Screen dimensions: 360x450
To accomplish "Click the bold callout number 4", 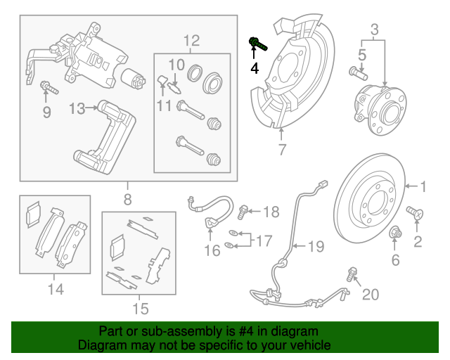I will tap(255, 68).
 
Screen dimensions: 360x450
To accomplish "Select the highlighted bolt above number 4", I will tap(257, 45).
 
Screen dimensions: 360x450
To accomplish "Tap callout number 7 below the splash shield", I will tap(281, 149).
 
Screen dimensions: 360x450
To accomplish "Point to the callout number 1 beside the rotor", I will tap(423, 186).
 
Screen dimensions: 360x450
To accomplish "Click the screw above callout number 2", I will tap(414, 212).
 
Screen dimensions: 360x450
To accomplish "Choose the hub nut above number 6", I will tap(394, 231).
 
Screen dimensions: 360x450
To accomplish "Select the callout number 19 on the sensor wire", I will tap(316, 246).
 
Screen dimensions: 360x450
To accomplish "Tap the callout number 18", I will tap(270, 211).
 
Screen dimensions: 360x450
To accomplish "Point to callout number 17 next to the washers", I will tap(262, 240).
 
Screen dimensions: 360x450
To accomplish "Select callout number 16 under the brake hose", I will tap(212, 251).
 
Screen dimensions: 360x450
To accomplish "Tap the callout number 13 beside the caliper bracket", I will tap(77, 108).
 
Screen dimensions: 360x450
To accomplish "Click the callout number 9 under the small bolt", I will tap(47, 112).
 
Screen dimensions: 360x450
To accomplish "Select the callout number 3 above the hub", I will tap(374, 30).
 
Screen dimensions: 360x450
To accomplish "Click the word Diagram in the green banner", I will tap(100, 346).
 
